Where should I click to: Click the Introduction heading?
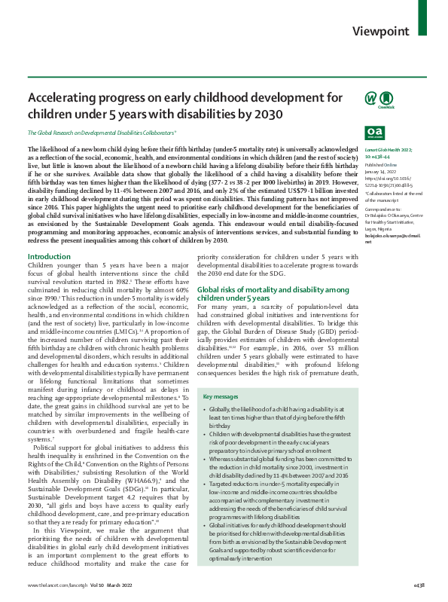coord(49,258)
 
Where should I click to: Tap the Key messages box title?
coord(223,396)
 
